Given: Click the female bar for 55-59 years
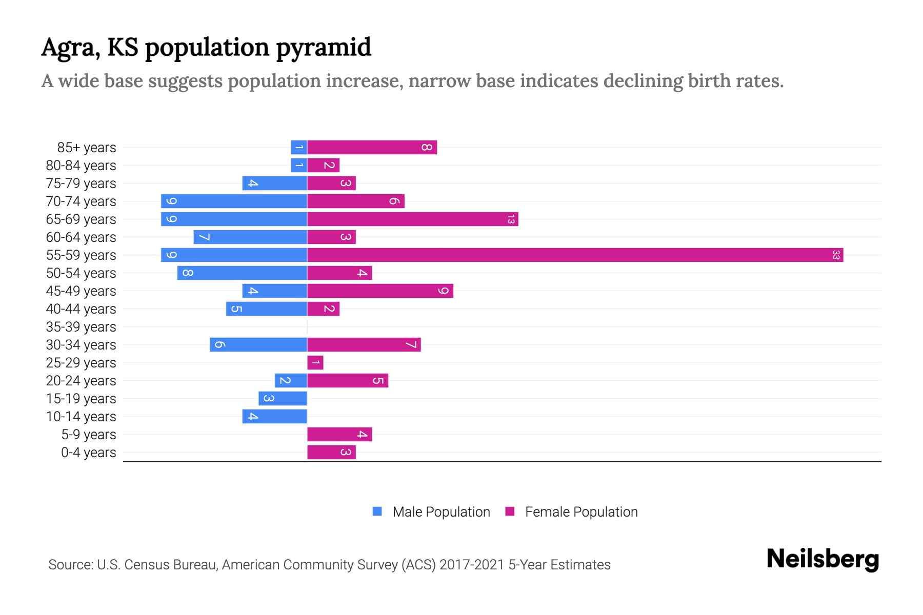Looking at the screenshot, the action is click(x=574, y=255).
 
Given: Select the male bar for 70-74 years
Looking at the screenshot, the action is click(x=234, y=201).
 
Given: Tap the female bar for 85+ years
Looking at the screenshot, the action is click(x=372, y=147).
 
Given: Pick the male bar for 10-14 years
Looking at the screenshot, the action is click(x=275, y=416).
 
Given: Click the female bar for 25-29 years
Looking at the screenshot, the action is click(x=315, y=362).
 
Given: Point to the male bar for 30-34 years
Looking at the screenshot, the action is click(x=258, y=344).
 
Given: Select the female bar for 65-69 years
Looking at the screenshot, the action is click(x=412, y=219).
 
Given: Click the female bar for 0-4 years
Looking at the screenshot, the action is click(x=331, y=452).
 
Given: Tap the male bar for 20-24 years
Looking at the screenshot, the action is click(x=291, y=380).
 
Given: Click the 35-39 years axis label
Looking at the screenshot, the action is click(x=81, y=326).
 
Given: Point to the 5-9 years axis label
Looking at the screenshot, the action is click(x=88, y=434).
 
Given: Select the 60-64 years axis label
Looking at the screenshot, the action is click(x=81, y=237).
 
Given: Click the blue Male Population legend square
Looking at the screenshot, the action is click(x=377, y=511).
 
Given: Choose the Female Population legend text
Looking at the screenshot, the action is click(x=581, y=511).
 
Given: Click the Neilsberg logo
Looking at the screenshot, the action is click(x=822, y=559).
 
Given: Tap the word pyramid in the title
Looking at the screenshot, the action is click(x=324, y=47).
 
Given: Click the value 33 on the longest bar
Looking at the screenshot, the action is click(x=836, y=255).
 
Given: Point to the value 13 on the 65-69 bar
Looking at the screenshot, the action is click(x=511, y=219).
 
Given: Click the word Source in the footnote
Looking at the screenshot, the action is click(x=70, y=564).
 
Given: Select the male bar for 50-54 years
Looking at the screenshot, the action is click(x=242, y=273).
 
